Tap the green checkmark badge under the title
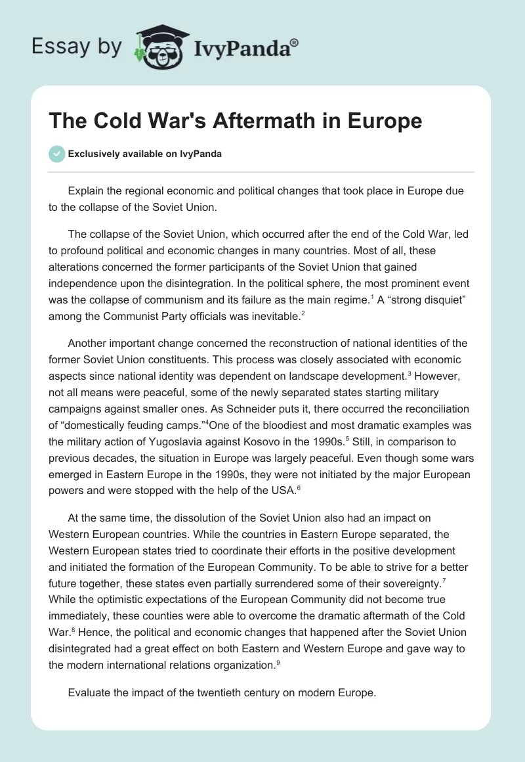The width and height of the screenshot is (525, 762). [57, 154]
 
